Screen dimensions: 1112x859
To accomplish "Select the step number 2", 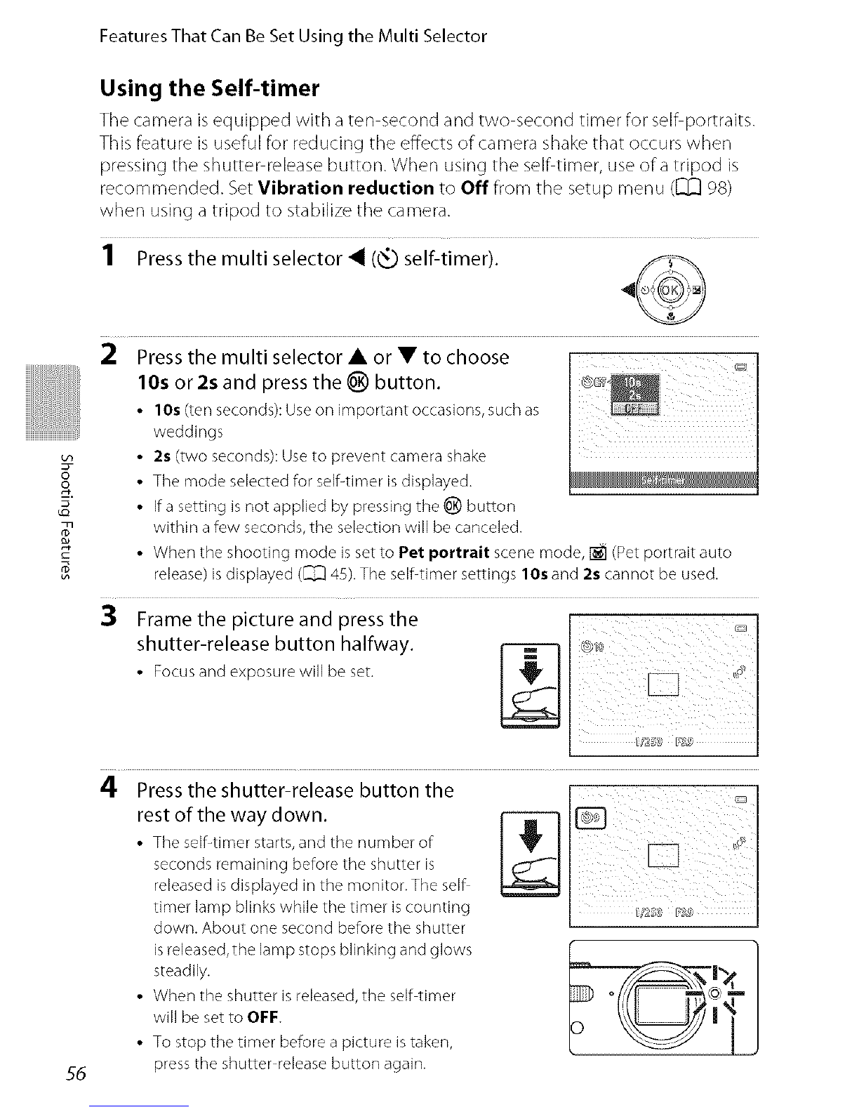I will click(x=109, y=357).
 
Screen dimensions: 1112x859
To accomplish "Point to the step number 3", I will click(x=109, y=618).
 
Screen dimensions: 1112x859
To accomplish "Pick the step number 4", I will click(x=109, y=789).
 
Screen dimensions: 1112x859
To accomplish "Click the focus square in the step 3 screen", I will click(x=664, y=683).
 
